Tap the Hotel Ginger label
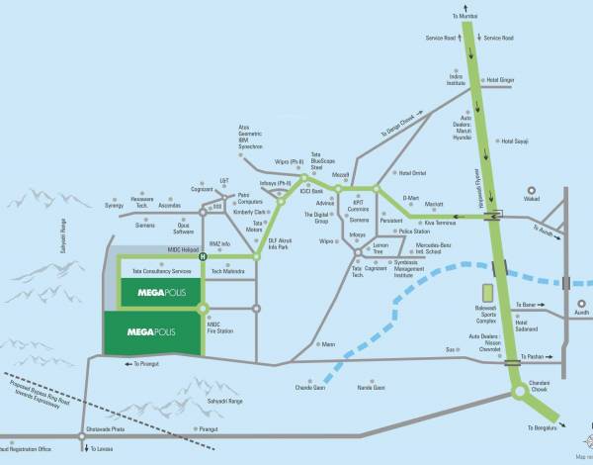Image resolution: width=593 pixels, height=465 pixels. point(499,80)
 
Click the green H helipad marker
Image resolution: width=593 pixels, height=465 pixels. point(203,256)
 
